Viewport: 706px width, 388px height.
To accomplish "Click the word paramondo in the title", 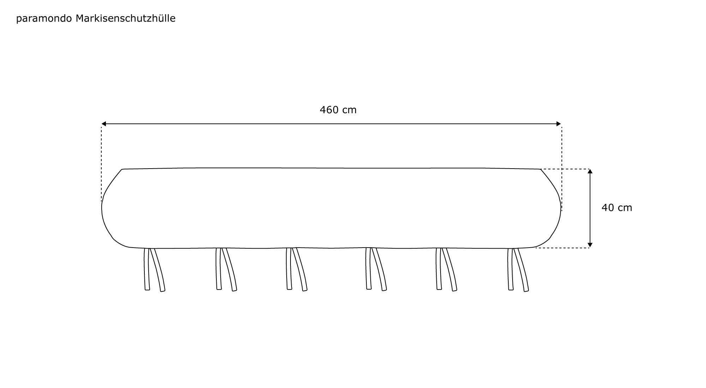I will click(x=44, y=19).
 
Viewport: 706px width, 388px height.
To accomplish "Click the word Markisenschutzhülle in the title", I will click(x=126, y=18).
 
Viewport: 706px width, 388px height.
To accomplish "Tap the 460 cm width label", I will click(x=338, y=110).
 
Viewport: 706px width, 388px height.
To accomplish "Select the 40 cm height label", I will click(x=616, y=208).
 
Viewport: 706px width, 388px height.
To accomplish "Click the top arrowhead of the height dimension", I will click(x=590, y=171).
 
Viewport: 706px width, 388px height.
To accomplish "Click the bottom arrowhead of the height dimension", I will click(x=590, y=245).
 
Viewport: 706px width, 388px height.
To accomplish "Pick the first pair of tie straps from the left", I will click(x=154, y=269).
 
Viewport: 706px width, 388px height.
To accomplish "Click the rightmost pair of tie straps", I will click(x=518, y=269).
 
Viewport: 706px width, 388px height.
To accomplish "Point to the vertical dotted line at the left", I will click(x=102, y=162).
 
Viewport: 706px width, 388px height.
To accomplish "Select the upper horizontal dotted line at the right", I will click(x=565, y=169).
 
